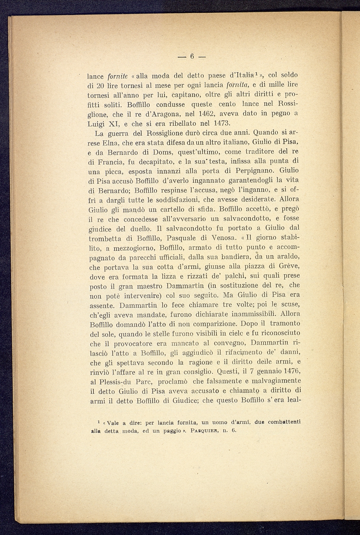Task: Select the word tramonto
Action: click(285, 324)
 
